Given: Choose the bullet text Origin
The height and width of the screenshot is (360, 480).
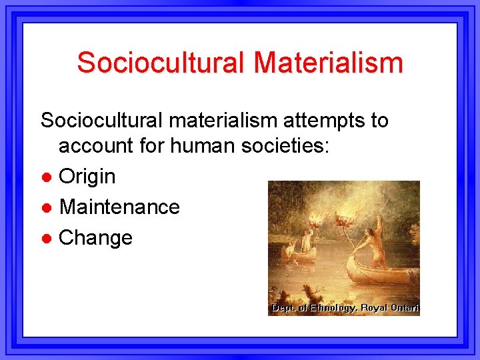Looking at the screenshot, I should coord(87,177).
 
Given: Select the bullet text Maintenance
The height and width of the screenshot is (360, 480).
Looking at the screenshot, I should coord(119,207).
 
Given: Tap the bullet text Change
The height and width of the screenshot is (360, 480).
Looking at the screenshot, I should coord(96,237).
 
